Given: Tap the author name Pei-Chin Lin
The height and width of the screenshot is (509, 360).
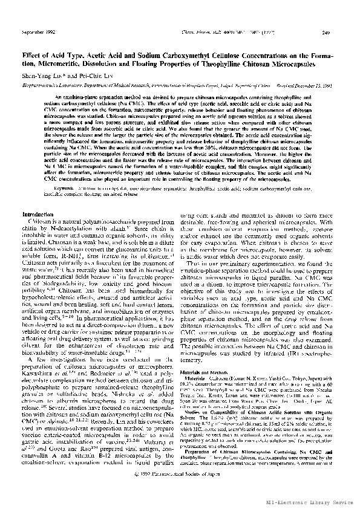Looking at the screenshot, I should point(91,74).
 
